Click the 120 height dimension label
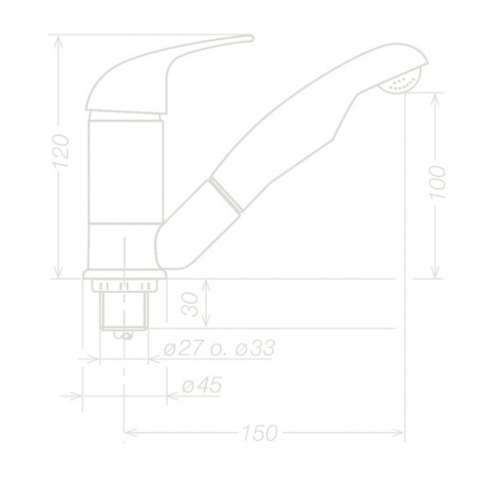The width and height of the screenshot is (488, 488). point(59,155)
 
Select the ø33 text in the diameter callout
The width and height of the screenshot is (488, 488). point(249,349)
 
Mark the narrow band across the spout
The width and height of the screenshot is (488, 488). point(226,193)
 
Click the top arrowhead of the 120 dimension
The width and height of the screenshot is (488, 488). point(59,40)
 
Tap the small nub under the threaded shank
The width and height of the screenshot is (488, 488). point(124,335)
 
